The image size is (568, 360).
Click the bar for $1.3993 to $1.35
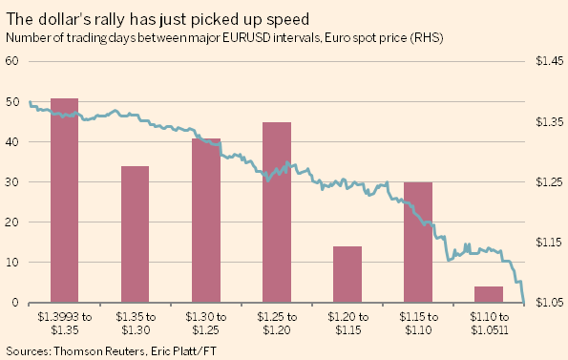[x=65, y=201]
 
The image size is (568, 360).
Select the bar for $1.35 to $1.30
[x=136, y=234]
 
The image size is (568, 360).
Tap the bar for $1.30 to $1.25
[x=206, y=221]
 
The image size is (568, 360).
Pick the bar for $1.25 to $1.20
[x=277, y=212]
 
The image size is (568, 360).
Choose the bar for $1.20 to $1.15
[x=347, y=274]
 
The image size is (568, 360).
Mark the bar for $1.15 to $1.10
[x=418, y=243]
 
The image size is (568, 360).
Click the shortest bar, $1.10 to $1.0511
[x=489, y=294]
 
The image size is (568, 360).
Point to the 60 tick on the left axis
[x=12, y=61]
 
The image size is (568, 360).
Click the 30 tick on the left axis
[x=12, y=181]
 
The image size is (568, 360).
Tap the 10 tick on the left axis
[x=12, y=262]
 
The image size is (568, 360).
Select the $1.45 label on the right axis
[x=550, y=61]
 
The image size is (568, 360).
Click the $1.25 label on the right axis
[x=550, y=181]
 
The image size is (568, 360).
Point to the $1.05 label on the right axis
[x=550, y=302]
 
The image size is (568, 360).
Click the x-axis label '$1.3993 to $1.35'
[x=65, y=324]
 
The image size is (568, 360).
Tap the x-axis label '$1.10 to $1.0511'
[x=490, y=324]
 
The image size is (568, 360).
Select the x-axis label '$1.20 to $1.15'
[x=347, y=324]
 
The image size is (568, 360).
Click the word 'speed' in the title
[x=288, y=20]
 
